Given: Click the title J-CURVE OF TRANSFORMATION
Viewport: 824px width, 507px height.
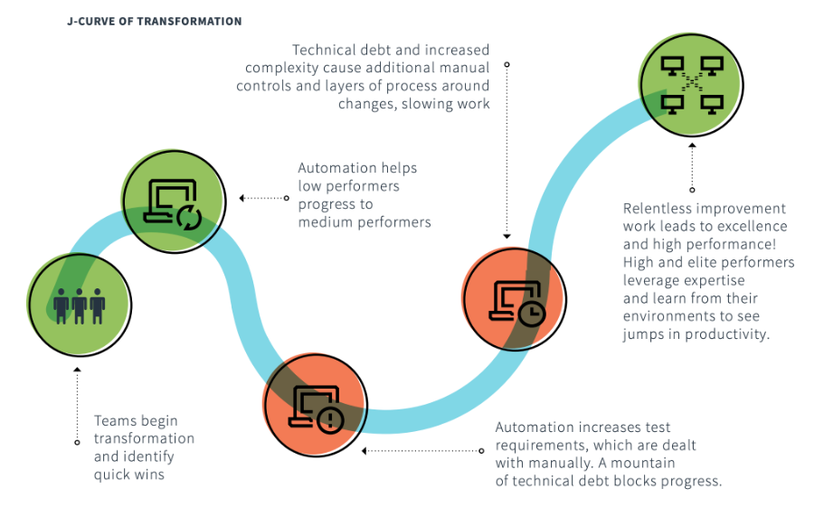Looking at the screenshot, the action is (x=155, y=22).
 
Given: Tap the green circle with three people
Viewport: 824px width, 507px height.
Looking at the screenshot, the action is (x=80, y=305).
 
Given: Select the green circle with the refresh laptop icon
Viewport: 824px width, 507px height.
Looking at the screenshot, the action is (x=174, y=202).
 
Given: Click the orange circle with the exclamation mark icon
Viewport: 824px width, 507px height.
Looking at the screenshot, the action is (x=315, y=405).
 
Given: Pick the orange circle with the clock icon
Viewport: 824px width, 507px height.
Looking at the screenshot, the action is (x=514, y=298).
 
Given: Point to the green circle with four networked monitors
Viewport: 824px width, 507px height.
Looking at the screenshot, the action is (x=691, y=85).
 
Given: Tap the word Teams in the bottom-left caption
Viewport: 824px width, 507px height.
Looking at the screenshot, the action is (x=111, y=420).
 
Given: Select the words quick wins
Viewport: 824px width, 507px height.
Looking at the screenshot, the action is (x=129, y=475).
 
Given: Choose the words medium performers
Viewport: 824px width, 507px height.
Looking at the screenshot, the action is (x=365, y=222).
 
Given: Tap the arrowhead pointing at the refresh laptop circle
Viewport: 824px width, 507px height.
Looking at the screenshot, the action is (x=242, y=198).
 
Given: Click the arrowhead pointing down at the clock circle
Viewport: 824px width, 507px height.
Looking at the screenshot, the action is (x=507, y=237).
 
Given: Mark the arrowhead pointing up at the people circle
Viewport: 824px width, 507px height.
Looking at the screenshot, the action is (x=77, y=370).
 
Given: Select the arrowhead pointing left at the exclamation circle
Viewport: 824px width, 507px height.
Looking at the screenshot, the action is (x=365, y=451).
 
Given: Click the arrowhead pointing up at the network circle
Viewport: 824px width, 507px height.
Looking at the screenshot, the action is (x=692, y=146).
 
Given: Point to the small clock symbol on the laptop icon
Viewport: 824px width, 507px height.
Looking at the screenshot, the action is (x=532, y=314).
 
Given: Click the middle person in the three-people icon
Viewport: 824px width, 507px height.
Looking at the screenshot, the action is (x=80, y=306).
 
